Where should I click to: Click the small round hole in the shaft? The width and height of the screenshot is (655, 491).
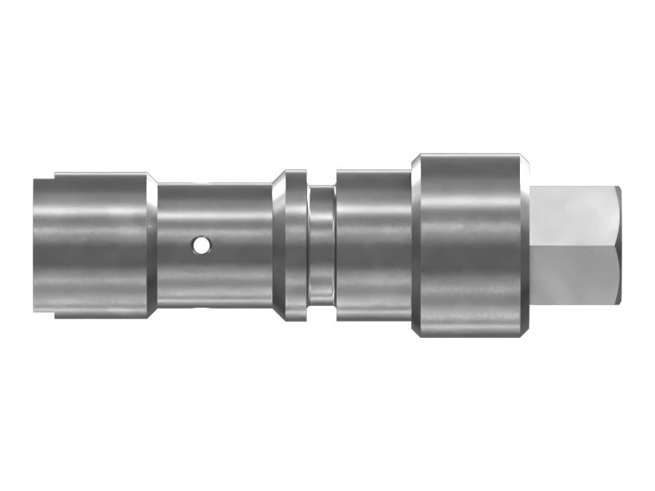click(x=201, y=244)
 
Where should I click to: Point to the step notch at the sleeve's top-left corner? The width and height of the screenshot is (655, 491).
click(x=45, y=175)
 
